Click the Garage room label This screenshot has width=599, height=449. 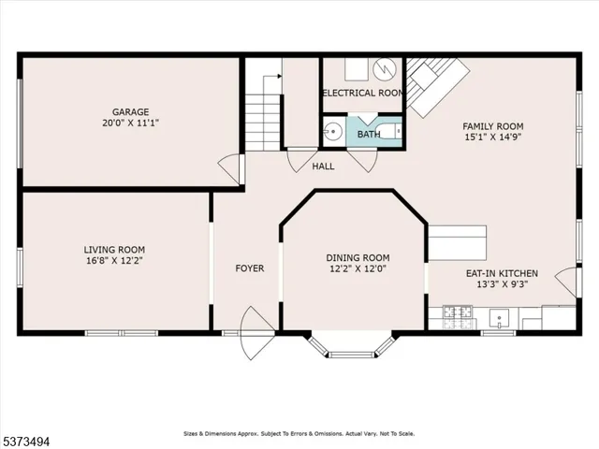click(131, 111)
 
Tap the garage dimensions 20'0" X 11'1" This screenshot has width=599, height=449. click(131, 123)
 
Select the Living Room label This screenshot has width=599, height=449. click(114, 249)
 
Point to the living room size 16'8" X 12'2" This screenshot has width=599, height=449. click(114, 261)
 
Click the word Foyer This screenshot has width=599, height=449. click(250, 268)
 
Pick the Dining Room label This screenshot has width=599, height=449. click(358, 258)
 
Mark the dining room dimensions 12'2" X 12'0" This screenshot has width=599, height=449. click(358, 269)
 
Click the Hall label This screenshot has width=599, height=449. click(323, 167)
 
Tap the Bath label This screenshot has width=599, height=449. click(368, 133)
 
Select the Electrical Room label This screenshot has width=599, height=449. click(362, 94)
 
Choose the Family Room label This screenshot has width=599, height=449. click(493, 126)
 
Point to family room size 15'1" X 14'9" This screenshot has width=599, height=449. click(493, 138)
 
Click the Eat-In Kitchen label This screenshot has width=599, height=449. click(503, 273)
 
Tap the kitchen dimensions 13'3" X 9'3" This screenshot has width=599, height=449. click(503, 285)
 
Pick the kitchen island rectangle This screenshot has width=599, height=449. click(458, 242)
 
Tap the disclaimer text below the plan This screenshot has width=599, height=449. click(298, 434)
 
